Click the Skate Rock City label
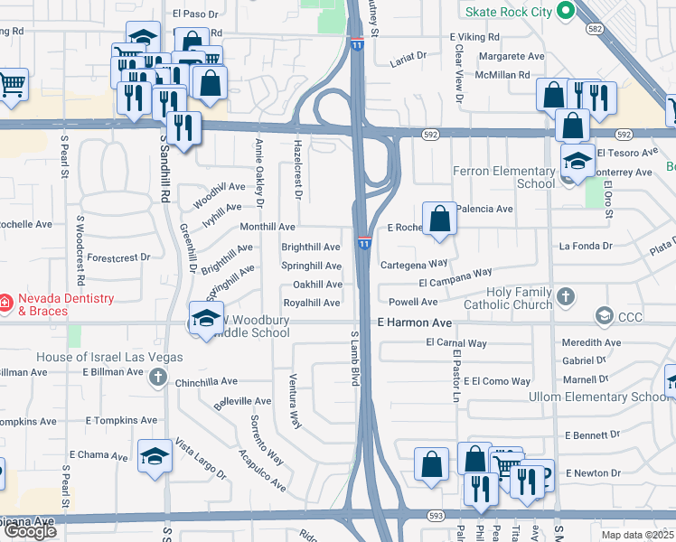508,11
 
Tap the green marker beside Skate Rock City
566,11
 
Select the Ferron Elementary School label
511,177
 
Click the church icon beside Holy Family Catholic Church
566,295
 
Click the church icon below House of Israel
157,377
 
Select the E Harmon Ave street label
414,322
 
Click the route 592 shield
430,135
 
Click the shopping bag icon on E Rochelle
439,220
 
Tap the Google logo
30,531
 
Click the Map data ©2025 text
637,535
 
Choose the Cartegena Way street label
414,264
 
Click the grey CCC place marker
604,315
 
